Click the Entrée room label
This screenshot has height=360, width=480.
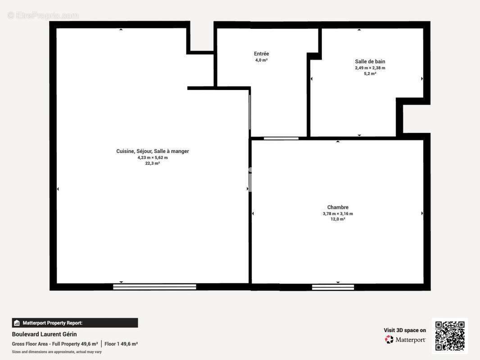coord(261,54)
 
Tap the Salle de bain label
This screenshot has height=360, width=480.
coord(370,62)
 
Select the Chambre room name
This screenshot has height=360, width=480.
coord(338,207)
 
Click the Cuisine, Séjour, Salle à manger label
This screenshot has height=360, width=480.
coord(153,151)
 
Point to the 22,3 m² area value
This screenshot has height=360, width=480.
coord(153,163)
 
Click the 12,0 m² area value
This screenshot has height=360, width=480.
coord(338,219)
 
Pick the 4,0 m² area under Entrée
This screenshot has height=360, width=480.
coord(261,60)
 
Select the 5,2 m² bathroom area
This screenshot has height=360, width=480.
coord(370,73)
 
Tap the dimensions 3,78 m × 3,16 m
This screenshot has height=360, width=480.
coord(338,214)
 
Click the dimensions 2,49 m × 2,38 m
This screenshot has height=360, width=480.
coord(370,68)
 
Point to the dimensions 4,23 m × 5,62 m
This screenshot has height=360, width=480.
coord(153,157)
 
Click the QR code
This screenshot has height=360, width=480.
coord(450,336)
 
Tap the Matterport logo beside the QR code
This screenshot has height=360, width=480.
coord(405,340)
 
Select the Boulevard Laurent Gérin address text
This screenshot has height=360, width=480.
coord(44,334)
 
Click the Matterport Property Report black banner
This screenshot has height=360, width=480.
coord(75,323)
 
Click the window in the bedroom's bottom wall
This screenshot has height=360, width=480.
coord(333,287)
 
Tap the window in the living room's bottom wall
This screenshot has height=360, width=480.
coord(154,287)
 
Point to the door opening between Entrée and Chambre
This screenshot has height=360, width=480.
coord(281,138)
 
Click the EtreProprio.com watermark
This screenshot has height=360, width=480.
coord(43,15)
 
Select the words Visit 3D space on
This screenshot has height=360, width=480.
coord(405,330)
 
